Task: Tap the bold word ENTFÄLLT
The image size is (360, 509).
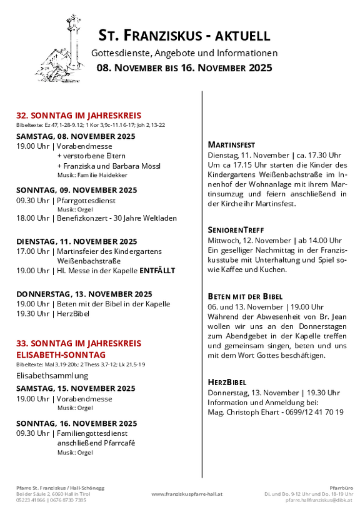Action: pyautogui.click(x=157, y=271)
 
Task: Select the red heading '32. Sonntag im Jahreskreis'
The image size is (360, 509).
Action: pyautogui.click(x=79, y=115)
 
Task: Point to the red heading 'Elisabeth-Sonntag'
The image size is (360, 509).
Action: pyautogui.click(x=61, y=355)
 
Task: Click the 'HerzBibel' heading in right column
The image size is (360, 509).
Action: pyautogui.click(x=227, y=381)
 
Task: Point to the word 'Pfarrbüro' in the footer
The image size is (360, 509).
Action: pyautogui.click(x=341, y=486)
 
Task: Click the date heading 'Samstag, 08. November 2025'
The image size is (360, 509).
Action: pyautogui.click(x=76, y=136)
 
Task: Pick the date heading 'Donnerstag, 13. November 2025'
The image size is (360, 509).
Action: pyautogui.click(x=84, y=293)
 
